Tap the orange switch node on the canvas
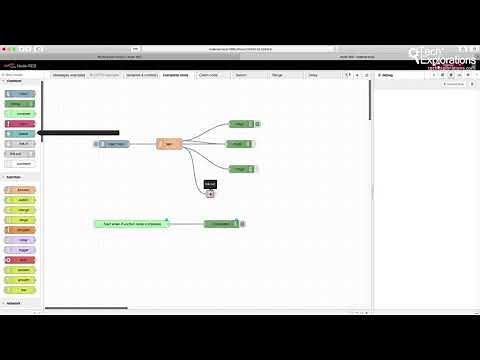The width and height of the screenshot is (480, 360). tap(169, 144)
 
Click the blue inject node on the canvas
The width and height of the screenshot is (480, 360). tap(114, 144)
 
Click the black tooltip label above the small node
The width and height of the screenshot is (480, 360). tap(210, 184)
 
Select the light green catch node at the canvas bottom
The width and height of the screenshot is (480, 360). tap(131, 224)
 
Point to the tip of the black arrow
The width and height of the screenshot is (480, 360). tap(39, 133)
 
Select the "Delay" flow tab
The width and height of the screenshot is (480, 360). tap(312, 75)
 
